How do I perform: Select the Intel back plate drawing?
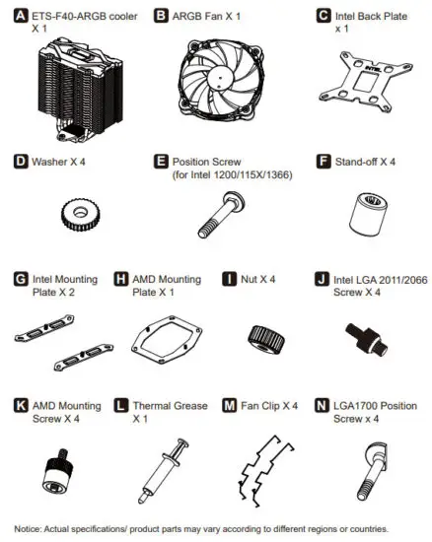pyautogui.click(x=361, y=80)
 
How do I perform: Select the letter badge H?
pyautogui.click(x=121, y=279)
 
